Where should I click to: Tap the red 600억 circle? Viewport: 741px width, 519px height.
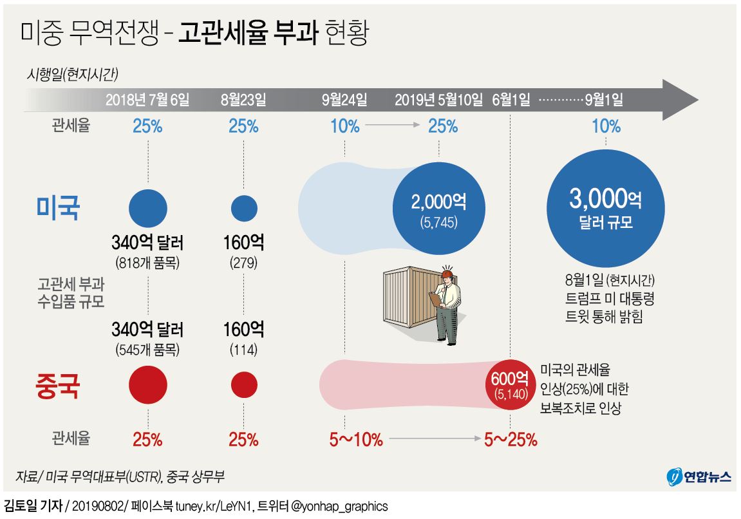pos(509,384)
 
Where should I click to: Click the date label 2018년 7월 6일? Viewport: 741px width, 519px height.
pos(147,100)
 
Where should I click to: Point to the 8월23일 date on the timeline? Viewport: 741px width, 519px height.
pos(243,100)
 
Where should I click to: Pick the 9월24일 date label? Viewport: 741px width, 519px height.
pos(345,100)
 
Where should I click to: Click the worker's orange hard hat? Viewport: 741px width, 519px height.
pos(446,273)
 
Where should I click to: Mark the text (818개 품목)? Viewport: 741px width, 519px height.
pos(147,263)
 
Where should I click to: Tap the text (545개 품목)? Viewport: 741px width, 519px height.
pos(147,350)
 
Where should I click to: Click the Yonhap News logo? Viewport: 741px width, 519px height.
pos(698,477)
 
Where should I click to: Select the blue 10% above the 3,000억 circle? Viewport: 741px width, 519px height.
pos(606,127)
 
